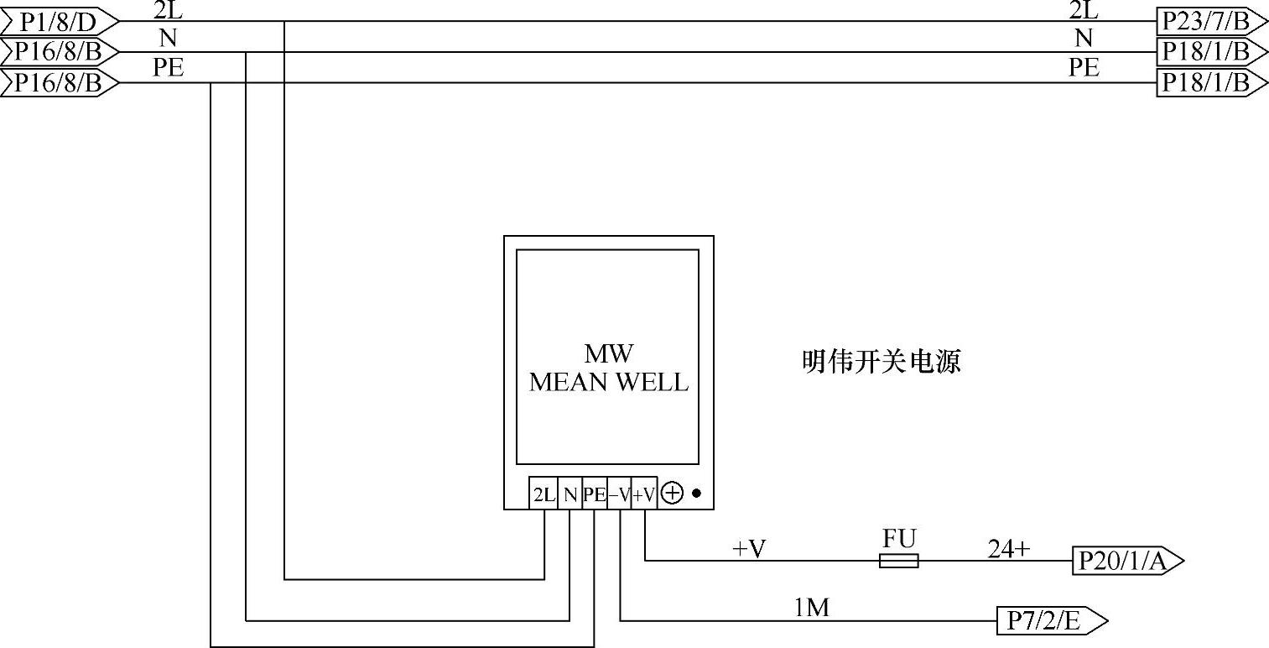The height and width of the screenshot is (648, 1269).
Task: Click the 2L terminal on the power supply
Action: point(543,494)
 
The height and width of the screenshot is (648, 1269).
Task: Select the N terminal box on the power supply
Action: point(570,494)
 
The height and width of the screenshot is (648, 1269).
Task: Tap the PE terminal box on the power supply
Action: point(594,494)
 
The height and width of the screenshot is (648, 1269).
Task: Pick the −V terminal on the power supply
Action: point(619,494)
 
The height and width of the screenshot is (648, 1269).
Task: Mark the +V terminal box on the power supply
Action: point(643,494)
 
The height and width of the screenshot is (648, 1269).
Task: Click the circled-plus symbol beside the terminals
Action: point(672,494)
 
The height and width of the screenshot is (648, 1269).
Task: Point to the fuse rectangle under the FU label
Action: point(898,561)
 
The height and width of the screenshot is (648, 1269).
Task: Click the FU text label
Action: point(898,537)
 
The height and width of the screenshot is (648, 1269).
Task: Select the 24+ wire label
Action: point(1008,549)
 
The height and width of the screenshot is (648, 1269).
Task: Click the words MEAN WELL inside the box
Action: point(609,383)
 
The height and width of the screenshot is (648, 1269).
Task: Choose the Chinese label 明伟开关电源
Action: point(882,363)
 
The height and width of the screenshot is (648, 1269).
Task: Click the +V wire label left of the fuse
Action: point(750,549)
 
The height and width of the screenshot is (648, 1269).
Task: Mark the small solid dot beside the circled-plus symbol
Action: point(696,494)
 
